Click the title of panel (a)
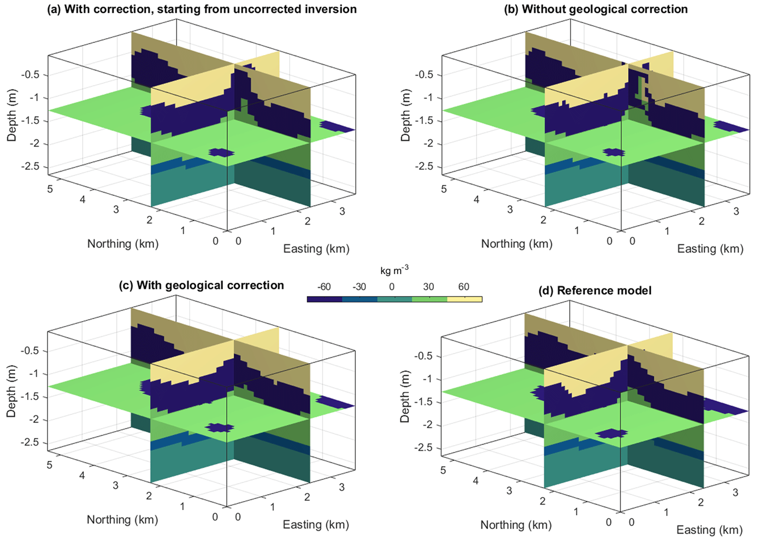tap(202, 9)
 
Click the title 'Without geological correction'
tap(596, 9)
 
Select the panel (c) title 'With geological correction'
tap(201, 285)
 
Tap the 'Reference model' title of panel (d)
tap(595, 290)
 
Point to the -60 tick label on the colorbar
tap(323, 287)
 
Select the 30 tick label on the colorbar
tap(428, 287)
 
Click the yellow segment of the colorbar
tap(464, 299)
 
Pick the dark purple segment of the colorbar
tap(324, 299)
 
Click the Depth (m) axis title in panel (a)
tap(12, 115)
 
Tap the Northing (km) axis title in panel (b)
tap(517, 244)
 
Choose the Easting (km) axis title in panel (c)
tap(316, 525)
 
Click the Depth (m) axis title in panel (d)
tap(405, 396)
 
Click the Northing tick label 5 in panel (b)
tap(444, 189)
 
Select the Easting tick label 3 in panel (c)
tap(342, 487)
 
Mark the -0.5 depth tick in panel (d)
tap(423, 356)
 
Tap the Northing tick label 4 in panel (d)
tap(475, 481)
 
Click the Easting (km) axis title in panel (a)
tap(316, 249)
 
